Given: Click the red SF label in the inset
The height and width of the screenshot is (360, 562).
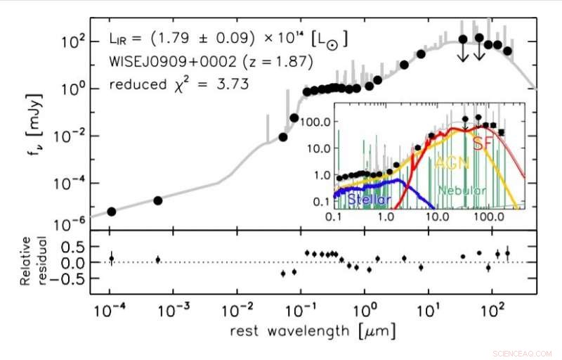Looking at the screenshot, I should [x=482, y=143].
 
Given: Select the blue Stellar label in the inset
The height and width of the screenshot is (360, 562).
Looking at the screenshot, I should [x=370, y=200].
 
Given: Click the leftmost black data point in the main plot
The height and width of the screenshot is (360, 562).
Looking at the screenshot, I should [x=111, y=212].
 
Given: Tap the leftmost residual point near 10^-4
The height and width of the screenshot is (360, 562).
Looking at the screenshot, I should [x=111, y=259].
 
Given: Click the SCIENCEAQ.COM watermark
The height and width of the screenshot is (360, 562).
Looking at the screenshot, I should [x=523, y=352].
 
